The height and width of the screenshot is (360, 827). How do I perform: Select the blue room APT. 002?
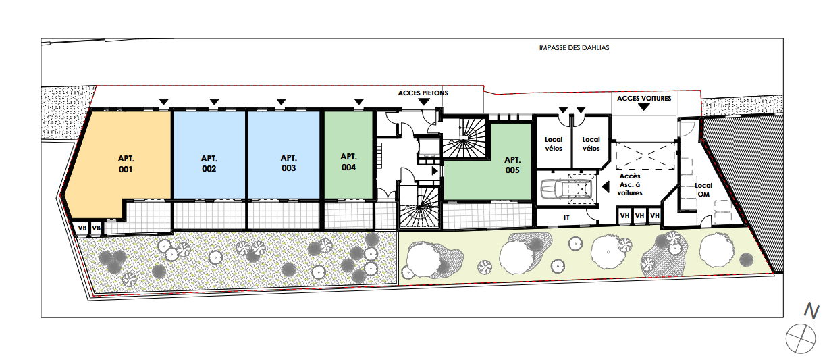click(x=209, y=155)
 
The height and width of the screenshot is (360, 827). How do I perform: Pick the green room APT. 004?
click(x=348, y=155)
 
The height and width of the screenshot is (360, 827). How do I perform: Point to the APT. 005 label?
click(x=512, y=165)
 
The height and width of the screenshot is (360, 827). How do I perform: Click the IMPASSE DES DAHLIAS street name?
click(x=574, y=48)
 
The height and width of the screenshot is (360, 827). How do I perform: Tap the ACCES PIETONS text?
click(x=423, y=93)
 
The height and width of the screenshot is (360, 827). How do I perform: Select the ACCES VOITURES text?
click(x=644, y=98)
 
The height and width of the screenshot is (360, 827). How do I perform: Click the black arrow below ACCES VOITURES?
click(x=644, y=107)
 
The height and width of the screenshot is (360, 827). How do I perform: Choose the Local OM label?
click(x=703, y=190)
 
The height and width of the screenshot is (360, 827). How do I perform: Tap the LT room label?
click(x=566, y=218)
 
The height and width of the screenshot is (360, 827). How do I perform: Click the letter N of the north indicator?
click(x=811, y=311)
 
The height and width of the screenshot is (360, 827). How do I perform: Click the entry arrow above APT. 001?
click(x=163, y=102)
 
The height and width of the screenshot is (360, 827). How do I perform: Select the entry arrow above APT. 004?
click(x=359, y=102)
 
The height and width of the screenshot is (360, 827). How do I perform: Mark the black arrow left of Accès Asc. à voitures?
click(x=606, y=187)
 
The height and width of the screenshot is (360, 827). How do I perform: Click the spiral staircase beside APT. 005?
click(x=464, y=138)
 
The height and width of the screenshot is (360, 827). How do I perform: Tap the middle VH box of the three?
click(x=639, y=216)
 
